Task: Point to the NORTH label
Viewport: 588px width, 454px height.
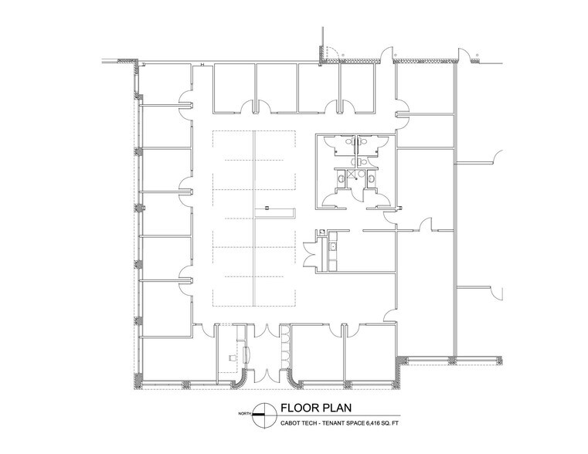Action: (245, 414)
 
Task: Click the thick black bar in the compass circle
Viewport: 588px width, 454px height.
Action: (258, 415)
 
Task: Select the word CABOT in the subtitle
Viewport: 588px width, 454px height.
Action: (290, 423)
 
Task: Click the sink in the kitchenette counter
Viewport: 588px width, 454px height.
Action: (332, 246)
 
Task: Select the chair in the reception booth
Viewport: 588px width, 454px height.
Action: (232, 357)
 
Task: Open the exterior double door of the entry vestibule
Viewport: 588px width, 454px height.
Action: (267, 375)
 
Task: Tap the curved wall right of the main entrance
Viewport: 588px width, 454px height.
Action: (294, 380)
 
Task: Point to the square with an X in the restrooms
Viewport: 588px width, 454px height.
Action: (352, 174)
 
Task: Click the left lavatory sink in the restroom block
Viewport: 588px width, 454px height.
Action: (341, 178)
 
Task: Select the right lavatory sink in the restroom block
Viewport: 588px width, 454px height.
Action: (371, 178)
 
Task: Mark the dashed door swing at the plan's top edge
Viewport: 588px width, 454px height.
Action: (332, 52)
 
